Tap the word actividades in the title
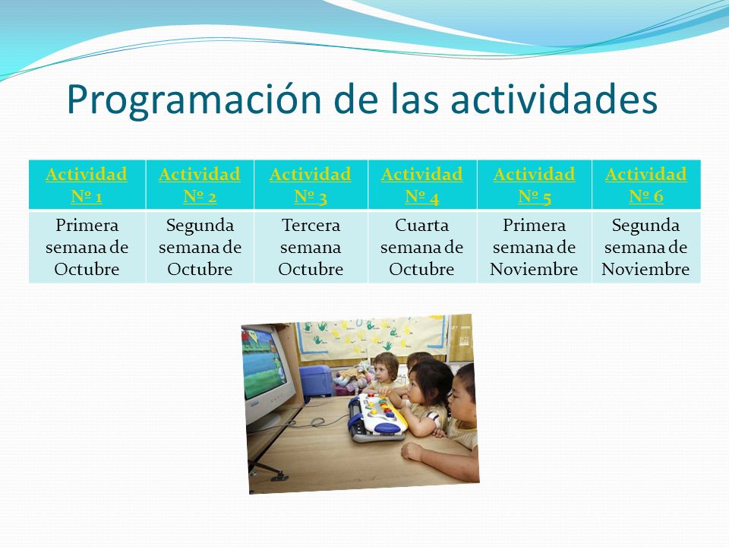[554, 99]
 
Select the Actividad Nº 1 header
[87, 185]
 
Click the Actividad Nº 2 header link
[200, 185]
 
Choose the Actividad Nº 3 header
[310, 185]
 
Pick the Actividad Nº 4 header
[421, 185]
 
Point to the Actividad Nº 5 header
[534, 185]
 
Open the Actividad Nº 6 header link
[645, 185]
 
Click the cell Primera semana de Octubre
[87, 247]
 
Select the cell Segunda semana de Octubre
[200, 247]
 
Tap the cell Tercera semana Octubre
[311, 247]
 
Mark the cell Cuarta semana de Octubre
[421, 247]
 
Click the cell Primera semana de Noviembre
[534, 247]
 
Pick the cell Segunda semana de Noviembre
[645, 247]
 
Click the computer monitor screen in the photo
[264, 364]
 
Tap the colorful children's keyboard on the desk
[377, 417]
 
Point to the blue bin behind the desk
[316, 381]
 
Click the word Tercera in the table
[311, 225]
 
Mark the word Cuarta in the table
[421, 225]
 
